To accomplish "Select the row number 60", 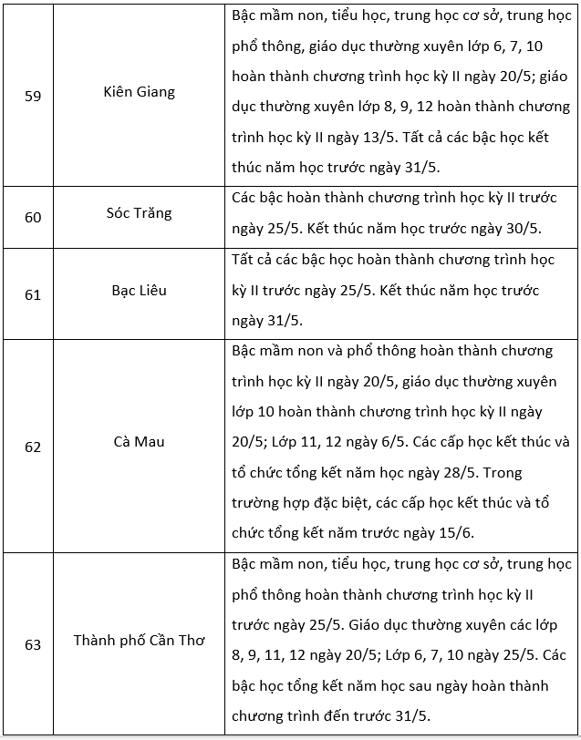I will [x=33, y=217].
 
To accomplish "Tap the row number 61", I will [x=33, y=294].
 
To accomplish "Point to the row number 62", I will [x=33, y=447].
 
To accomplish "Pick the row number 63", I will [x=33, y=644].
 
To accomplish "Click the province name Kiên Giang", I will [x=140, y=92].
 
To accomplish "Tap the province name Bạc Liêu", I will [x=139, y=290].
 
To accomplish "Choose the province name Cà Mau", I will [x=139, y=442].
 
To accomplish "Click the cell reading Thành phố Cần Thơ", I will [x=139, y=640].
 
